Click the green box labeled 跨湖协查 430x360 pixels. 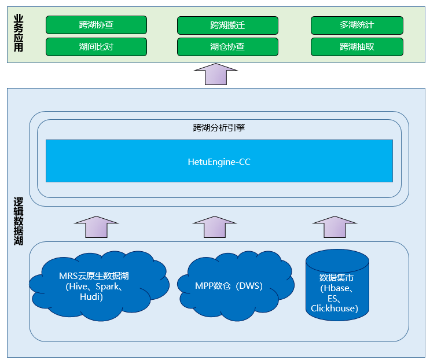coord(96,25)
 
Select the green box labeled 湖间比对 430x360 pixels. coord(96,47)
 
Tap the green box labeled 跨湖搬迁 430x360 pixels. coord(227,25)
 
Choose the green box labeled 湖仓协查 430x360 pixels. coord(227,47)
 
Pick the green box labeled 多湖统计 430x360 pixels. coord(357,25)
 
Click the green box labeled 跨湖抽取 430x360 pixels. coord(357,47)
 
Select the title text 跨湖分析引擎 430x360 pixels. coord(219,128)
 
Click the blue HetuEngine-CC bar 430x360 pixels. coord(219,161)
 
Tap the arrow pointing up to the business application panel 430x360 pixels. coord(215,74)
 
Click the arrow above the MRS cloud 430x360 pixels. coord(97,227)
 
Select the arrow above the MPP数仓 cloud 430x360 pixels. coord(215,227)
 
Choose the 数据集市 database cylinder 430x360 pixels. coord(338,284)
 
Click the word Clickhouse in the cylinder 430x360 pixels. coord(335,308)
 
